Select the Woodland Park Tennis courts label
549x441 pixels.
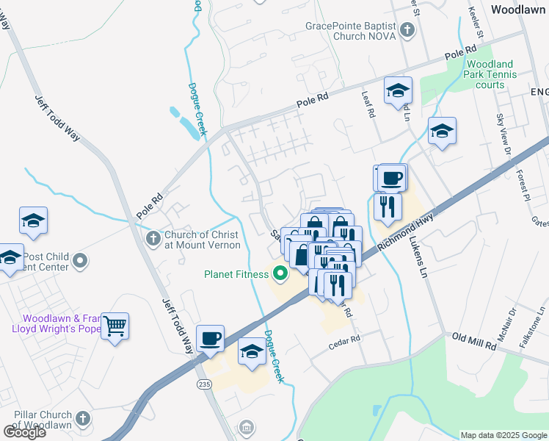click(x=490, y=74)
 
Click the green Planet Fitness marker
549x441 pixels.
click(x=280, y=275)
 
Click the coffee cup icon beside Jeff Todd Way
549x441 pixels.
click(x=211, y=337)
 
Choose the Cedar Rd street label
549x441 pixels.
click(x=345, y=340)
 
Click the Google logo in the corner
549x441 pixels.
click(x=24, y=431)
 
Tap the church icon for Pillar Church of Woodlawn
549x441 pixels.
click(x=82, y=419)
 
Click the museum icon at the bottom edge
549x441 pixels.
click(x=247, y=427)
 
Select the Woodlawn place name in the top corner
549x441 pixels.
click(x=518, y=10)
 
